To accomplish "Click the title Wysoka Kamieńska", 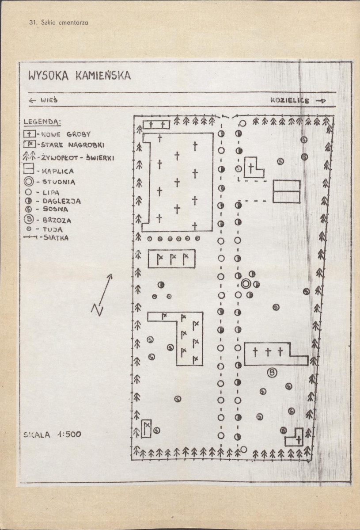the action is tap(80, 76).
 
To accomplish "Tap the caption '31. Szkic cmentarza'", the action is tap(59, 23).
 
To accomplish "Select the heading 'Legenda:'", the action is tap(42, 122).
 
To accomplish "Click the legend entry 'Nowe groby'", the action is tap(57, 134).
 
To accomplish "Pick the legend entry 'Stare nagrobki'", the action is tap(64, 145).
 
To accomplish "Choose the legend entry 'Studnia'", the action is tap(49, 182).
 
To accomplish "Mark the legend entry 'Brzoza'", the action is tap(48, 220).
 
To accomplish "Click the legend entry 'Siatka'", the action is tap(46, 238).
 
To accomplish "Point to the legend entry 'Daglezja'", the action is tap(53, 201).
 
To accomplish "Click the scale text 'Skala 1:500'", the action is tap(53, 435).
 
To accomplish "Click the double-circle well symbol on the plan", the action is tap(246, 284).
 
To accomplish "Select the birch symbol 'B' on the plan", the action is tap(272, 373).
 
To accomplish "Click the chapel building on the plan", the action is tap(286, 191).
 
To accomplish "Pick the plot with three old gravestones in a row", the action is tap(171, 259).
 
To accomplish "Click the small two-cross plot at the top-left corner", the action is tap(156, 125).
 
